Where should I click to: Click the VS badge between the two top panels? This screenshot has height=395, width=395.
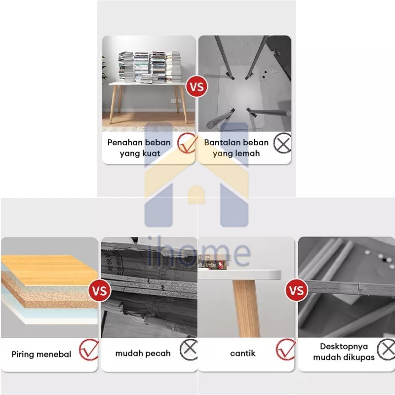pos(197,87)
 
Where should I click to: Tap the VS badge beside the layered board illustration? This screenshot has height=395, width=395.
pos(100,290)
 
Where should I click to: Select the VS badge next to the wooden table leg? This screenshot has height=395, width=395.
pos(297,290)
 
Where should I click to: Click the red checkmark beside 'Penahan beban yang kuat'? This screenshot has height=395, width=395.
pos(187,143)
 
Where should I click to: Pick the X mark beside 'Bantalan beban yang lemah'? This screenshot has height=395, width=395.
pos(282,143)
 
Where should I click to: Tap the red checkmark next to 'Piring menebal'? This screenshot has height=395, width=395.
pos(89,350)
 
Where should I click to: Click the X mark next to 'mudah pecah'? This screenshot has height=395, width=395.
pos(189,349)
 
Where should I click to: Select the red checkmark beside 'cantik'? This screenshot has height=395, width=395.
pos(286,349)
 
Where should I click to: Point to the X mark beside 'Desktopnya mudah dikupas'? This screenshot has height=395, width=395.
pos(386,350)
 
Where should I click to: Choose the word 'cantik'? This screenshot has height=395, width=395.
pos(243,353)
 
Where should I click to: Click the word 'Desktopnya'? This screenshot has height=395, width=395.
pos(344,347)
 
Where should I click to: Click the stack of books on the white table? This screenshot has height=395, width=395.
pos(150,67)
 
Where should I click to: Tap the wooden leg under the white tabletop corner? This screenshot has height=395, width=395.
pos(246,308)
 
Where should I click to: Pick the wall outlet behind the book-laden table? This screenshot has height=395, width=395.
pos(176,101)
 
